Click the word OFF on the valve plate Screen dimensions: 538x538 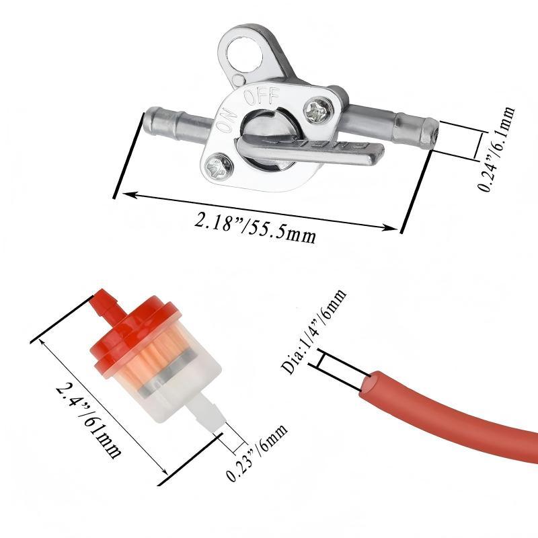pos(262,96)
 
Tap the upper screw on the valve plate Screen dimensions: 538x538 pos(319,109)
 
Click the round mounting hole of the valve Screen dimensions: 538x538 pos(245,53)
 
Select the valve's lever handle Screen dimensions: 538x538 pos(309,150)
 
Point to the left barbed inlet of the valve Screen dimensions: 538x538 pos(178,122)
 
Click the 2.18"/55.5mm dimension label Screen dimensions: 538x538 pos(255,227)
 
